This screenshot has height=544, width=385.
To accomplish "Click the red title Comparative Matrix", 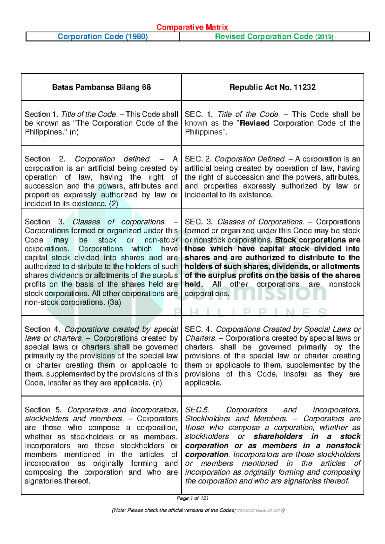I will pos(192,27).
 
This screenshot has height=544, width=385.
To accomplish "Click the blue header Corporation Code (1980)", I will pos(103,37).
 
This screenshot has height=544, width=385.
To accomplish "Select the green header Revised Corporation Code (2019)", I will pos(274,37).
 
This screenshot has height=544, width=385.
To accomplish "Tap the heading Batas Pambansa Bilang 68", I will pos(101,87).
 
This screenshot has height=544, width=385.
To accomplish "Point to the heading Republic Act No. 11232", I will pos(272,87).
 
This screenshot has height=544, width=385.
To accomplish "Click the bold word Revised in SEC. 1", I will pos(255,123).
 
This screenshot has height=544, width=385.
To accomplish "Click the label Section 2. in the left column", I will pos(45,159).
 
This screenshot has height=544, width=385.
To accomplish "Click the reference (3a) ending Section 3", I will pos(114,302).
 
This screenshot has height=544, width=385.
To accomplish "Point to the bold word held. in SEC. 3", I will pos(194,285).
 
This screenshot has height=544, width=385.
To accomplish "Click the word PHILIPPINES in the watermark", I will pos(250,312).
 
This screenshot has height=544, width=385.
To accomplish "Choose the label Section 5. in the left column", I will pos(43,410).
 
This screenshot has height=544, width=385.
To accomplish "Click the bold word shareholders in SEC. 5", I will pos(278,437).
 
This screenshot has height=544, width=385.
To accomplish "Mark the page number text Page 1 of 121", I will pos(193,498).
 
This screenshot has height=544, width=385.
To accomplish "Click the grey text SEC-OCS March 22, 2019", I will pos(260,510).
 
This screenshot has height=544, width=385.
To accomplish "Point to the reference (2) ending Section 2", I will pos(113,204).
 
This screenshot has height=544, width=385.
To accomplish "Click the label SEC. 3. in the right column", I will pos(199,222).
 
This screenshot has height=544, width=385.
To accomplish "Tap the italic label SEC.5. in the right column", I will pos(197,410).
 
